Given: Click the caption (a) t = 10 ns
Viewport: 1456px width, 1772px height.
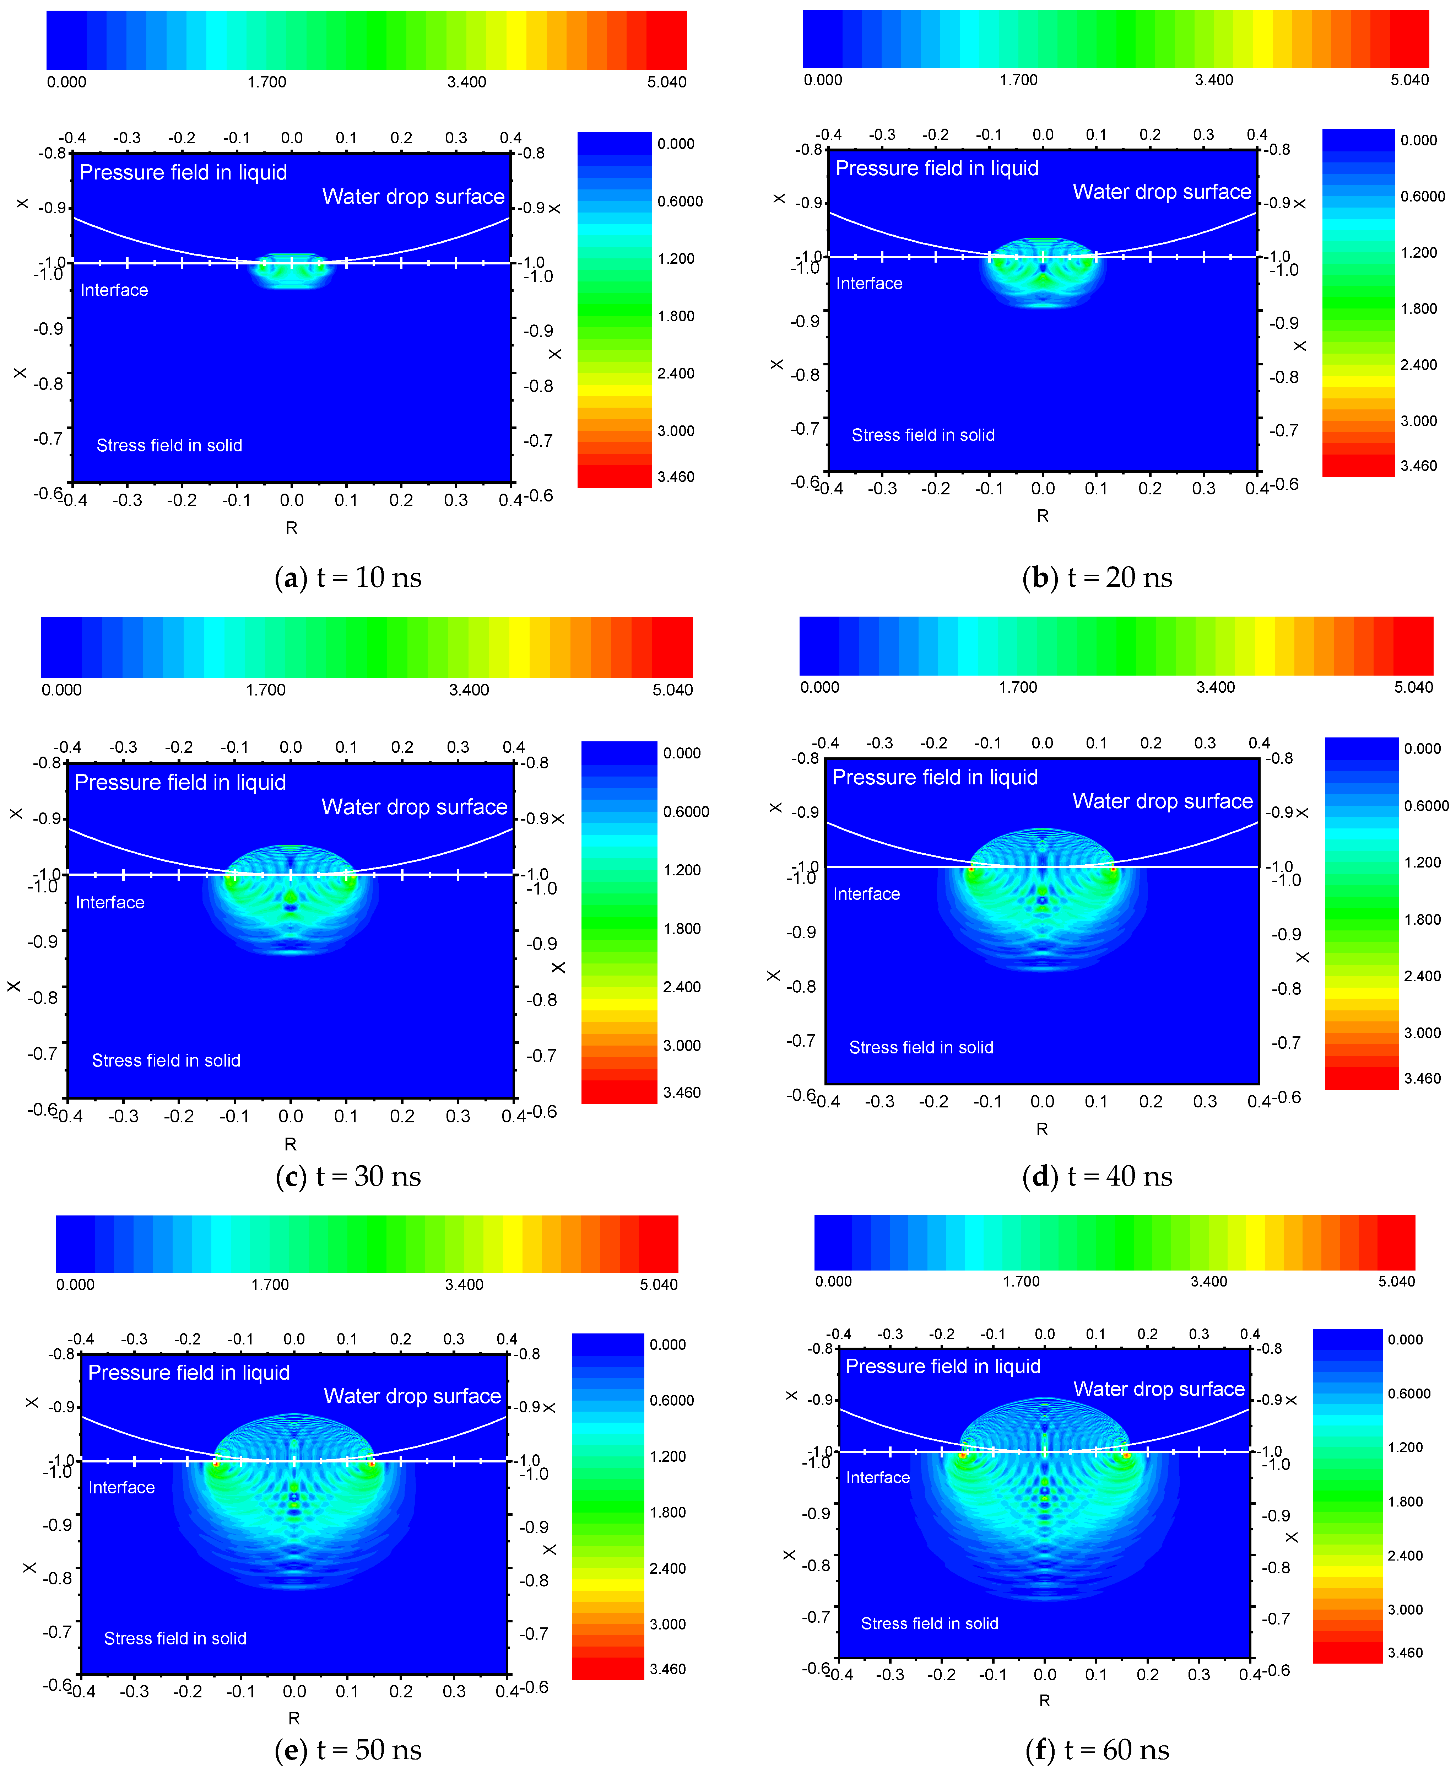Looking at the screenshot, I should [x=348, y=578].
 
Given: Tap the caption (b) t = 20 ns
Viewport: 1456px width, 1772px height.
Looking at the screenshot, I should [x=1097, y=578].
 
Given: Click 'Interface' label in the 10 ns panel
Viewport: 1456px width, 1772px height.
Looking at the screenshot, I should [x=114, y=290].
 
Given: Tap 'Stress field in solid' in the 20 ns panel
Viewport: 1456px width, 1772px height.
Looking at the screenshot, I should [x=924, y=435].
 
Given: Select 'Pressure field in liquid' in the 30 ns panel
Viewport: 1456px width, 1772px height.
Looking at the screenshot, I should [x=180, y=783].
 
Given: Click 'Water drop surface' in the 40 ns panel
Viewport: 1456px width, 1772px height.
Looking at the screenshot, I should [x=1163, y=801].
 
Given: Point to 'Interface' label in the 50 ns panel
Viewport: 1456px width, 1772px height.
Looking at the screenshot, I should [x=121, y=1488].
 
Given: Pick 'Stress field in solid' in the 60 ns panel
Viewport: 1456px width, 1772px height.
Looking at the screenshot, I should [x=929, y=1623].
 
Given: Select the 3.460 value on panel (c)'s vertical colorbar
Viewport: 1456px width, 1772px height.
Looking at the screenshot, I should [x=682, y=1092].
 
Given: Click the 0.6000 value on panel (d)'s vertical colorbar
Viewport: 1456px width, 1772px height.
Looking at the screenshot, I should [x=1426, y=806].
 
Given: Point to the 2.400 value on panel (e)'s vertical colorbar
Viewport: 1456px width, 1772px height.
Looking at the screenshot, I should [x=667, y=1568].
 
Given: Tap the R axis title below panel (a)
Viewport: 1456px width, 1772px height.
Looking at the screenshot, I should [x=291, y=528].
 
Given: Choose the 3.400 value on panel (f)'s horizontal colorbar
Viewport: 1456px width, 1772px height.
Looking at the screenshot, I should [x=1208, y=1281].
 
